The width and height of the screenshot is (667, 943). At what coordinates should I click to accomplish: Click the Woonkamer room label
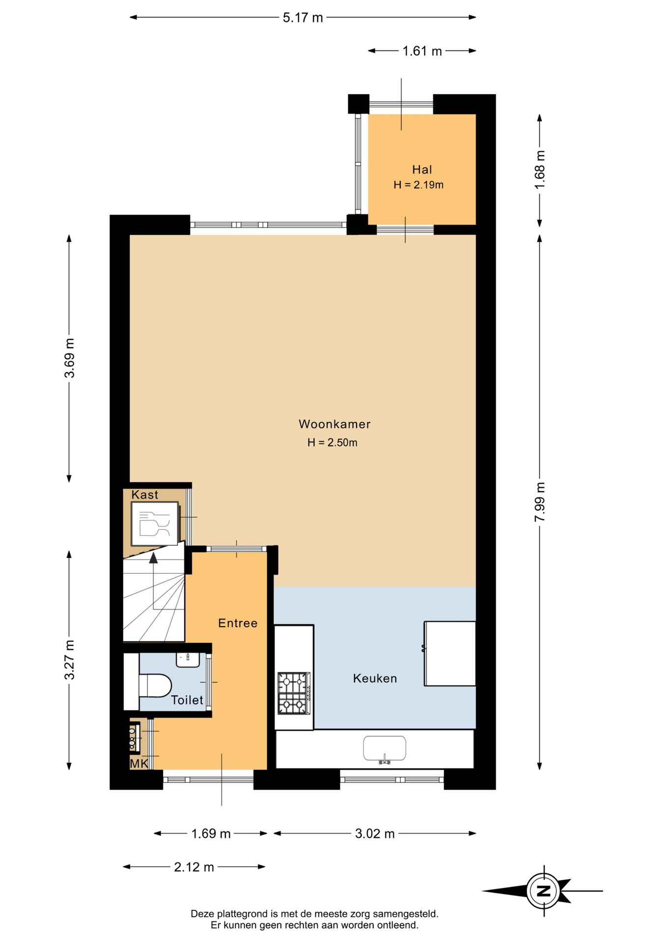pyautogui.click(x=334, y=424)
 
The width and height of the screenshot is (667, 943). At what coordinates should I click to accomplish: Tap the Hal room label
pyautogui.click(x=422, y=169)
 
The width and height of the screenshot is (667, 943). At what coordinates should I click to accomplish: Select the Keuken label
pyautogui.click(x=375, y=678)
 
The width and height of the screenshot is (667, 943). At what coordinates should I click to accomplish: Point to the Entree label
pyautogui.click(x=238, y=623)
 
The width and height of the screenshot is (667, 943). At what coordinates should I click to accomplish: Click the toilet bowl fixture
pyautogui.click(x=155, y=685)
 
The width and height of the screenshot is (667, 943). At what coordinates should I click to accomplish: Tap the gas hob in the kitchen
pyautogui.click(x=294, y=693)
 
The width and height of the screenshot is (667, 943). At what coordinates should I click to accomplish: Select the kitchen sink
pyautogui.click(x=385, y=749)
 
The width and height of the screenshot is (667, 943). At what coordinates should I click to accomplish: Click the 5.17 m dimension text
pyautogui.click(x=303, y=18)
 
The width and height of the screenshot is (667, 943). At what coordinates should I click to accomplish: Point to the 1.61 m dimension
pyautogui.click(x=422, y=51)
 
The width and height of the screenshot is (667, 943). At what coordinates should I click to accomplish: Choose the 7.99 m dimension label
pyautogui.click(x=540, y=502)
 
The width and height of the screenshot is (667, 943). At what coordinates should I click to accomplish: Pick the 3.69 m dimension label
pyautogui.click(x=70, y=358)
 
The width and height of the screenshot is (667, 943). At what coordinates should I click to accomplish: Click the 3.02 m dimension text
pyautogui.click(x=375, y=833)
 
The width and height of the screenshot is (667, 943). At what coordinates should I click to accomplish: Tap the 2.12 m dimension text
pyautogui.click(x=194, y=867)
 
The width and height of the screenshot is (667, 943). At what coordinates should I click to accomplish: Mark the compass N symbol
pyautogui.click(x=543, y=890)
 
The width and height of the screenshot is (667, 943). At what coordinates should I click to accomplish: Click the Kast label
pyautogui.click(x=145, y=495)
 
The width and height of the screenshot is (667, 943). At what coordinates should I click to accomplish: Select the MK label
pyautogui.click(x=139, y=764)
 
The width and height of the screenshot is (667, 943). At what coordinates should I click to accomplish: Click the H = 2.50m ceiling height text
pyautogui.click(x=333, y=443)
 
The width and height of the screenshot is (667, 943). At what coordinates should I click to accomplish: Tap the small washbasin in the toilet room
pyautogui.click(x=188, y=660)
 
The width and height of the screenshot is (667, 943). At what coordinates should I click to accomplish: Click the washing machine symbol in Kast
pyautogui.click(x=155, y=524)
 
